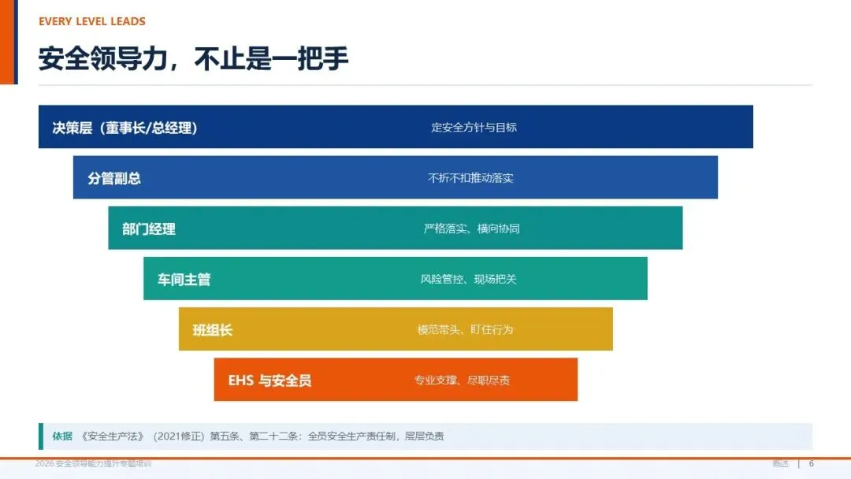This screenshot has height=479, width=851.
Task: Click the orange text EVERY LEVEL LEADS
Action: [x=91, y=22]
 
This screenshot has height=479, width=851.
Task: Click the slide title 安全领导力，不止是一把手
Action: [x=193, y=58]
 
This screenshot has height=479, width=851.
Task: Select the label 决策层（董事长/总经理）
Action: [x=124, y=128]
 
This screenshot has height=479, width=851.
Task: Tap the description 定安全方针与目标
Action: [x=474, y=128]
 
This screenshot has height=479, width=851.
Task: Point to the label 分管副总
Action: [x=114, y=178]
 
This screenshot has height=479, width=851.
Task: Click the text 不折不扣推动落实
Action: [x=470, y=178]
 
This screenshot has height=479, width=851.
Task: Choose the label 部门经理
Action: [x=149, y=229]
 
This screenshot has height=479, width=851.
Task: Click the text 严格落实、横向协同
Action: [x=472, y=229]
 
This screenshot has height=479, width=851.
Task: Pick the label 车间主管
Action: [x=184, y=280]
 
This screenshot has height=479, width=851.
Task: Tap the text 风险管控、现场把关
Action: [x=468, y=280]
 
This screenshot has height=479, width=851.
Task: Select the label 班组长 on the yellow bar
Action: [x=212, y=330]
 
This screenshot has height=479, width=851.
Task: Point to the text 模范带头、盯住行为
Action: [x=465, y=330]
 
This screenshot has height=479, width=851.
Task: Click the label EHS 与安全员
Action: [x=269, y=381]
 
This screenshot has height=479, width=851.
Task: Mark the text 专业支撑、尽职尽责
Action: [x=462, y=381]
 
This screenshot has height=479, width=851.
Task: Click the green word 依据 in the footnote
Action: [x=62, y=436]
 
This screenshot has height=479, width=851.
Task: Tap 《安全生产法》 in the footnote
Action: [x=113, y=436]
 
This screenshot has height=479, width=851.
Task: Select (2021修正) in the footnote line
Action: [x=179, y=436]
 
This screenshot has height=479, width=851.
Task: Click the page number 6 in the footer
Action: [x=812, y=464]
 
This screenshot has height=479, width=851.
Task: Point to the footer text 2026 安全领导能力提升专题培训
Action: [x=93, y=464]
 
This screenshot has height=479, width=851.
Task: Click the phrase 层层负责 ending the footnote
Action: [x=425, y=436]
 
